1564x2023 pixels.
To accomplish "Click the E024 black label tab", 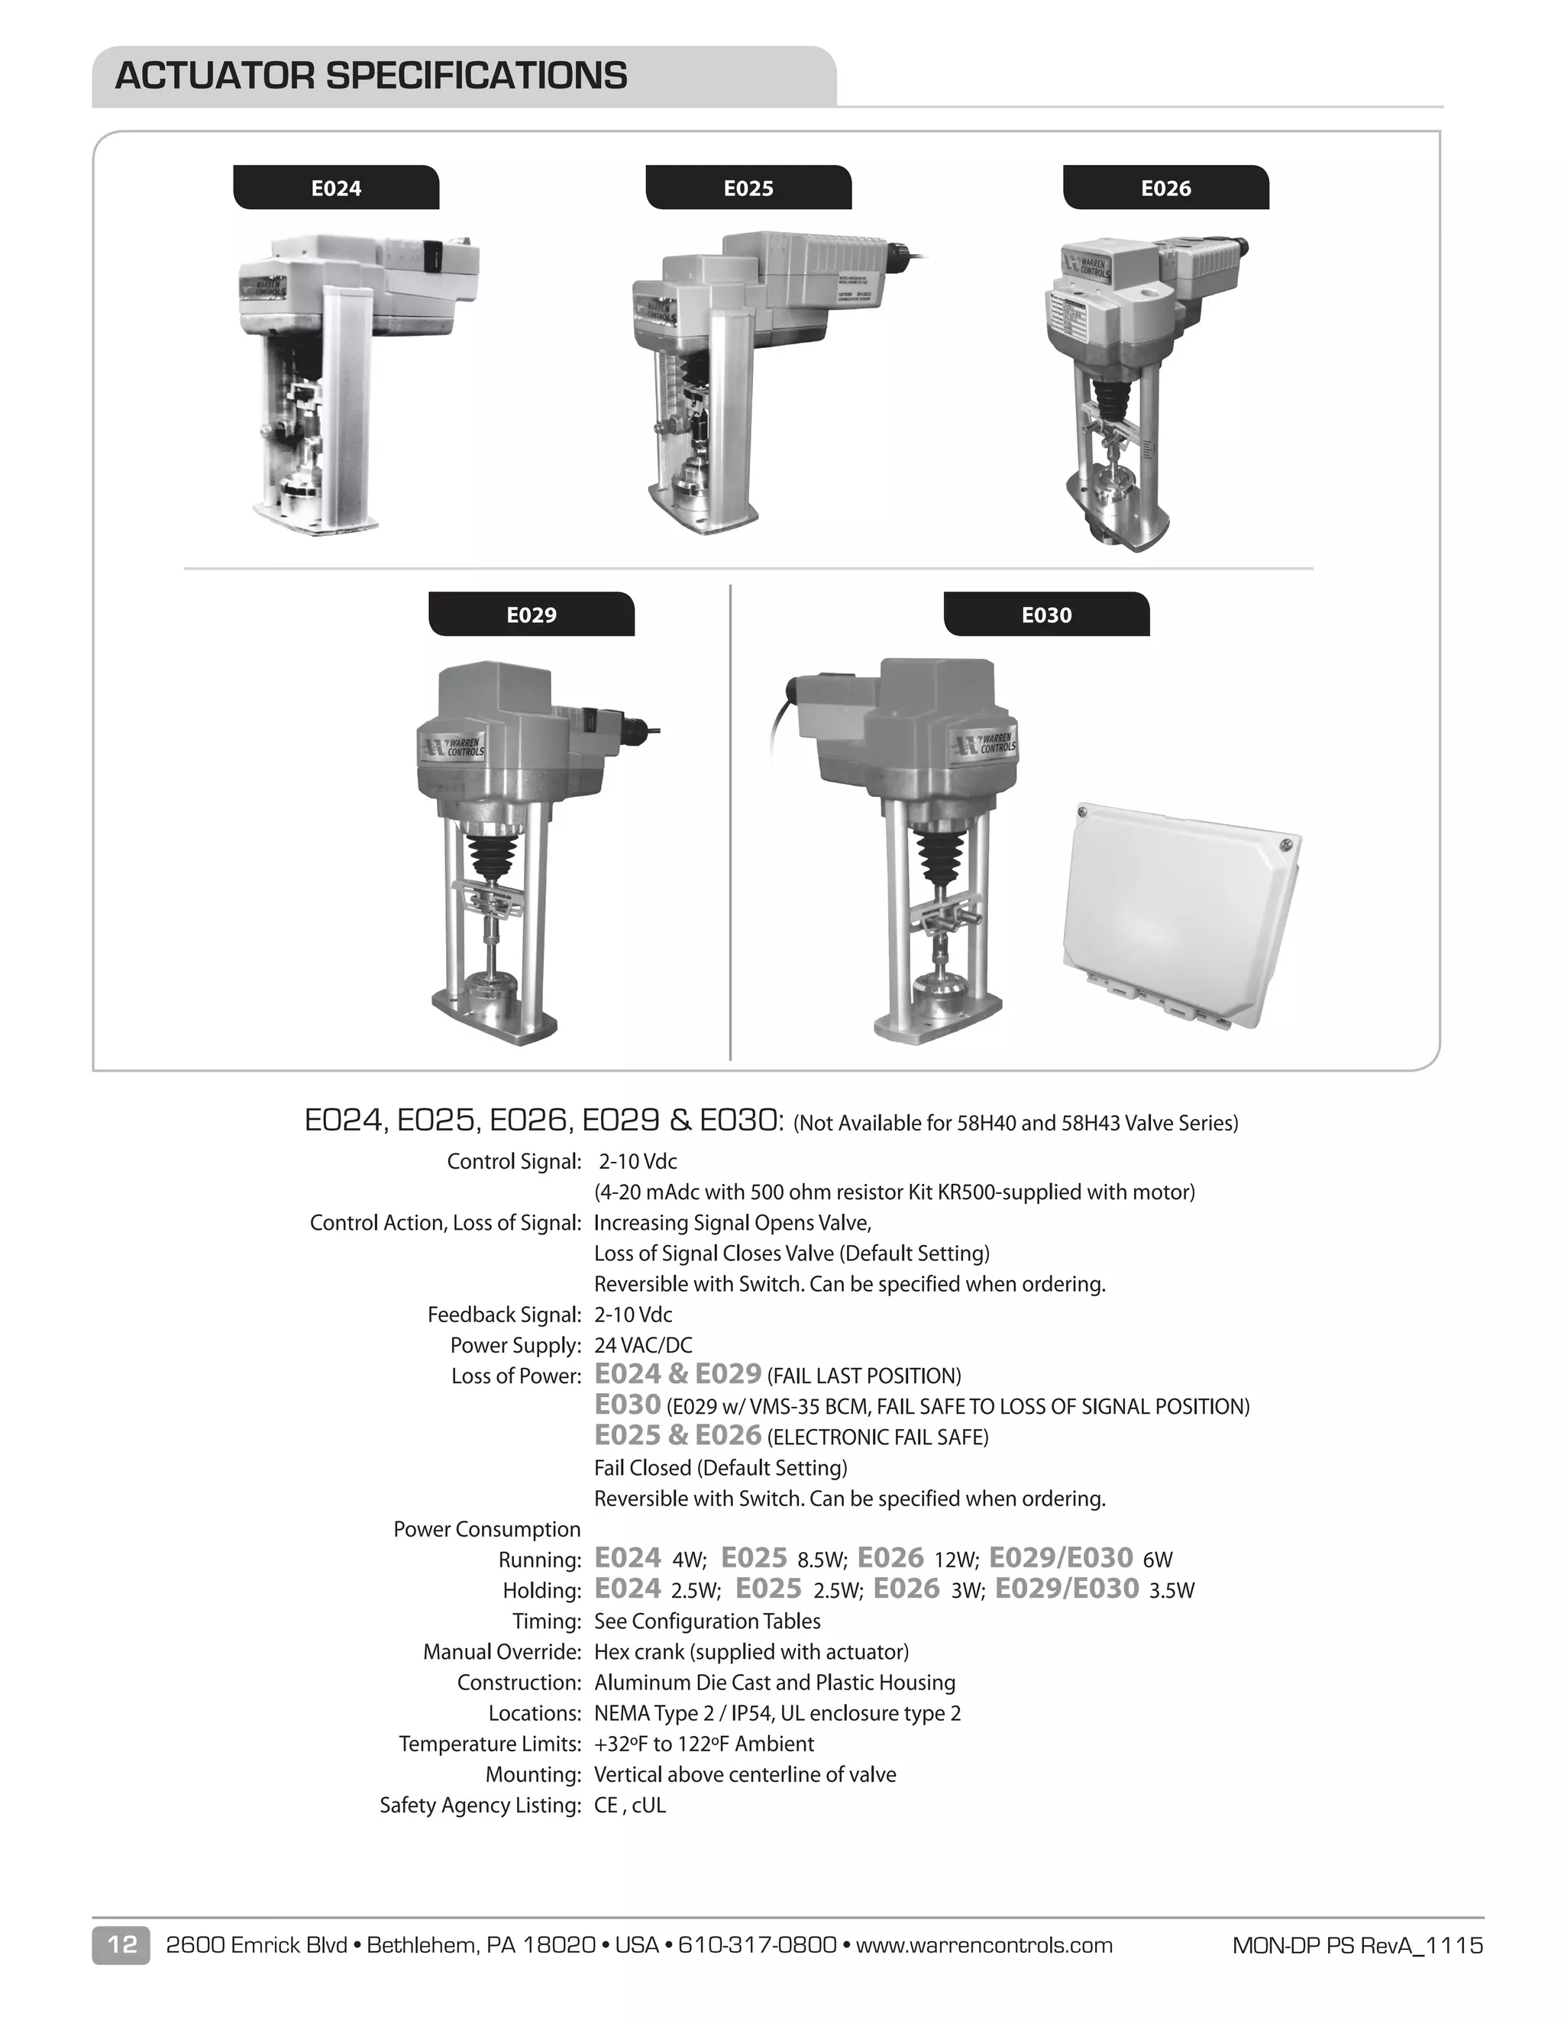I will pos(335,188).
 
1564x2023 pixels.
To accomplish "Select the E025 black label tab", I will pos(748,188).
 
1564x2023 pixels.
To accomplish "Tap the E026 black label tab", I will pos(1165,188).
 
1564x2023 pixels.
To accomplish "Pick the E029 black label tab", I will pos(531,615).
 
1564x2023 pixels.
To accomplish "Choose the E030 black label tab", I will pos(1046,615).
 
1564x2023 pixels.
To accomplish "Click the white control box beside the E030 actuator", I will pos(1181,912).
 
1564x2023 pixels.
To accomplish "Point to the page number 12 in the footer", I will pos(121,1944).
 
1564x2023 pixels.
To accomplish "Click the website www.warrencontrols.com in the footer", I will pos(984,1945).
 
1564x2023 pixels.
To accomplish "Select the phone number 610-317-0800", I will pos(757,1945).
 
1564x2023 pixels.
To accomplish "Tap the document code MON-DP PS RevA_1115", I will pos(1357,1945).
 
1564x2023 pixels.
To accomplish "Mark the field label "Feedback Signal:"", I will pos(504,1315).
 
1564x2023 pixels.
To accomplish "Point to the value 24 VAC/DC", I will pos(643,1345).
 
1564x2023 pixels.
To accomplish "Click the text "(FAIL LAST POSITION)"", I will pos(864,1376).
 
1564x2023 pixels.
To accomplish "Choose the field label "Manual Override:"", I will pos(501,1651).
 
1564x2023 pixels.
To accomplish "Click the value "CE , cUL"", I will pos(630,1805).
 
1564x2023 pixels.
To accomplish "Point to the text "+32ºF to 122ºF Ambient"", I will pos(704,1744).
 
